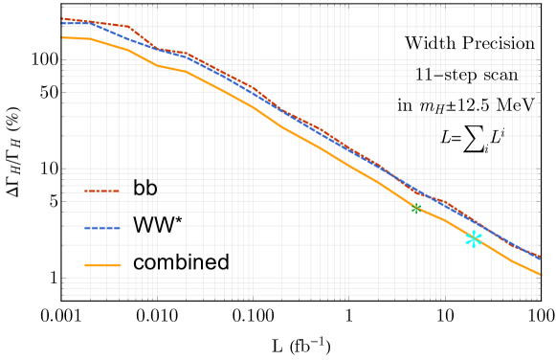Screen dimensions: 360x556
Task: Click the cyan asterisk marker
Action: [474, 239]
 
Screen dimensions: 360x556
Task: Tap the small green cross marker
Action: [415, 208]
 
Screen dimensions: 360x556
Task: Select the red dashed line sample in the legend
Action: [102, 191]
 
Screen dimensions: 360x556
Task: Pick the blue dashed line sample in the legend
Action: [102, 228]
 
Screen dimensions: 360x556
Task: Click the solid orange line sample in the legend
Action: [102, 265]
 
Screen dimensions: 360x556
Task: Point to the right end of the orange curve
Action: [540, 275]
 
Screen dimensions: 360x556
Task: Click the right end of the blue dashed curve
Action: [540, 258]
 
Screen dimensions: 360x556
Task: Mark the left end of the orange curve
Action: [63, 38]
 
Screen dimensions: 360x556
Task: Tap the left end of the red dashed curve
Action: [63, 18]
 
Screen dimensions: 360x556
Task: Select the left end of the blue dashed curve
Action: [63, 23]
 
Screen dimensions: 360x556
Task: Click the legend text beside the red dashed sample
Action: [145, 190]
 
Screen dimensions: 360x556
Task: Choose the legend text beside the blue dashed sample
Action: [153, 227]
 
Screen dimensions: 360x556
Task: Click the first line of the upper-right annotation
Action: [466, 44]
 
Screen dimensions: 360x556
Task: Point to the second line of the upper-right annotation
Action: [466, 76]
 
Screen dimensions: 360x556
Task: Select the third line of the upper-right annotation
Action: [466, 105]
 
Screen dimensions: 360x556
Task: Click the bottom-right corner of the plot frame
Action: [541, 295]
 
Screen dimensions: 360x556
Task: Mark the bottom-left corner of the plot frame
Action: [63, 295]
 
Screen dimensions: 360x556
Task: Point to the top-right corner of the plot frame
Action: [541, 7]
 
